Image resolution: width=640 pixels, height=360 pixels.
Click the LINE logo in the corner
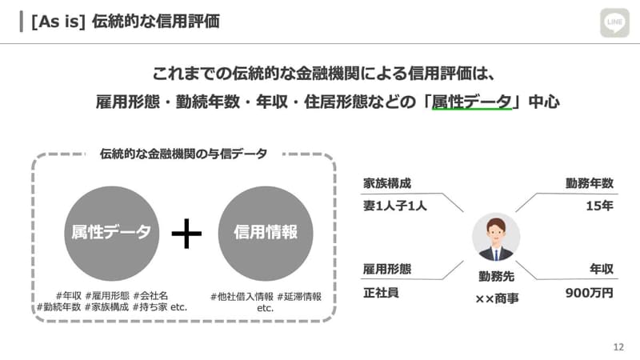[615, 23]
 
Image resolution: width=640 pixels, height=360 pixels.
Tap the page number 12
[618, 347]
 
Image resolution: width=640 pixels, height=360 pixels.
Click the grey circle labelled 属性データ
[111, 232]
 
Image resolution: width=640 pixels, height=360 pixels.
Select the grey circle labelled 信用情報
[266, 232]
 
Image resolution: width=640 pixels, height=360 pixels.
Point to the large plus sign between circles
[186, 233]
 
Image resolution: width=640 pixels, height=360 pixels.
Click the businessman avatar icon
[496, 238]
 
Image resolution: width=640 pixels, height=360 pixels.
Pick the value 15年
[599, 206]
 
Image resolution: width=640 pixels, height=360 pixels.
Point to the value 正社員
[381, 292]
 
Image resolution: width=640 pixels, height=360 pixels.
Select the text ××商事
[497, 298]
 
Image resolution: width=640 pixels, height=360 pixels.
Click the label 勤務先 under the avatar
[496, 276]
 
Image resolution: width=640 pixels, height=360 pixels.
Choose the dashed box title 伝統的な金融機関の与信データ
[183, 153]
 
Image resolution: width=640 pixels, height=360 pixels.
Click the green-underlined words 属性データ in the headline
[471, 102]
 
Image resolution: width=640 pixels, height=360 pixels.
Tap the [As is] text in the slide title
[57, 21]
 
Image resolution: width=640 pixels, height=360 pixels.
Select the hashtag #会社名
[150, 295]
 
